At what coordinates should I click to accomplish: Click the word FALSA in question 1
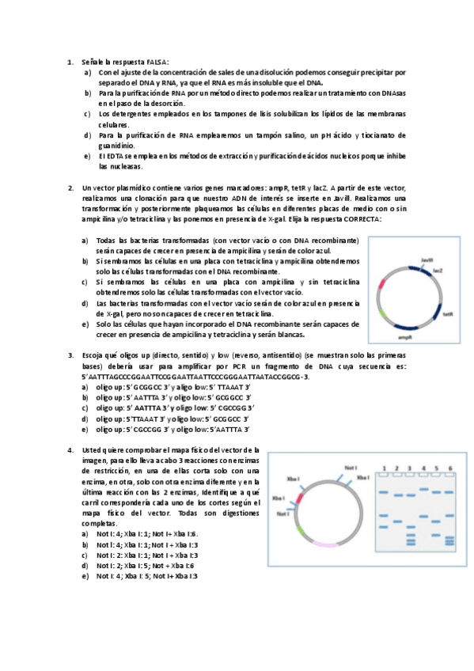157,62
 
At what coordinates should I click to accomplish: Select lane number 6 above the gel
450,468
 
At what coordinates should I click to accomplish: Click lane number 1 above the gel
383,468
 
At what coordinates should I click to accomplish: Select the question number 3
70,355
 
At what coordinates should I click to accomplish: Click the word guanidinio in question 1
116,146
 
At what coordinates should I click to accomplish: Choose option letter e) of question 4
85,576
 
